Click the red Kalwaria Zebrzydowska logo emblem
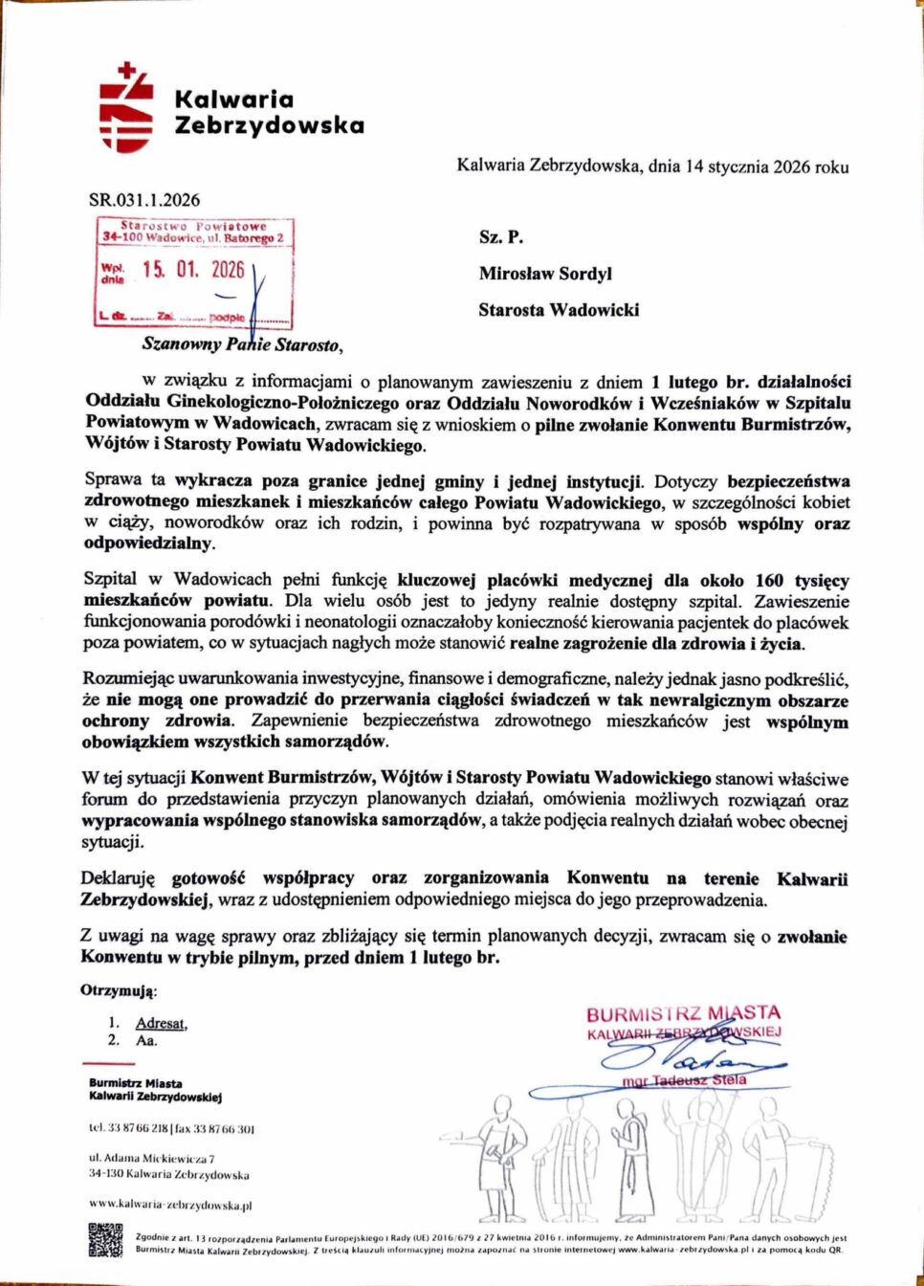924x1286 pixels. click(x=126, y=109)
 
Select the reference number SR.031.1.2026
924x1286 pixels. click(x=144, y=200)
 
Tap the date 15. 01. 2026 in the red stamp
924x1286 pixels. click(x=193, y=270)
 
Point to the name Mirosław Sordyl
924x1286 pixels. click(x=545, y=274)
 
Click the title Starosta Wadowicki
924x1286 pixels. click(x=559, y=310)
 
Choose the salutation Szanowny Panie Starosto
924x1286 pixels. click(x=241, y=344)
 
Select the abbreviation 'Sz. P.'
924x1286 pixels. click(x=501, y=237)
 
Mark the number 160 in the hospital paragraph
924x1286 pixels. click(x=769, y=581)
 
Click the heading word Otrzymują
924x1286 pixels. click(x=120, y=991)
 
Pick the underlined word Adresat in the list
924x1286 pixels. click(x=161, y=1023)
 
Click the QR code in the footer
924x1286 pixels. click(x=105, y=1240)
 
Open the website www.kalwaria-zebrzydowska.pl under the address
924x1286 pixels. click(x=170, y=1205)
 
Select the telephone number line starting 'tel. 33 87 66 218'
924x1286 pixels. click(x=172, y=1129)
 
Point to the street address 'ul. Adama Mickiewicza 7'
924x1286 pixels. click(x=152, y=1159)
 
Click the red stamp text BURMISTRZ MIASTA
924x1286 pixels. click(x=683, y=1013)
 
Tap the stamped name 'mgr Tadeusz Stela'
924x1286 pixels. click(x=684, y=1080)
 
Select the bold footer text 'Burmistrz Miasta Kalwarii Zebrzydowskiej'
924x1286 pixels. click(x=155, y=1090)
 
